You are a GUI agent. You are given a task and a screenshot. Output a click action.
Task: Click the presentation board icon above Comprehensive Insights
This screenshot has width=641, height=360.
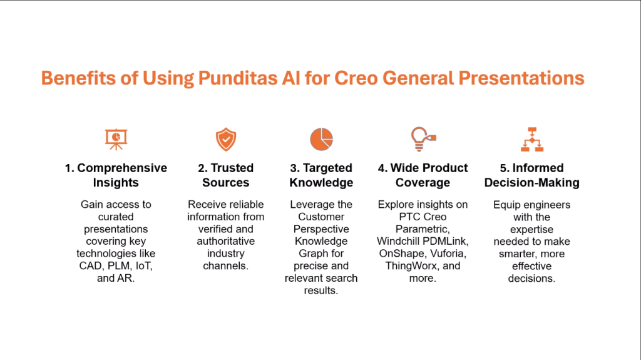116,139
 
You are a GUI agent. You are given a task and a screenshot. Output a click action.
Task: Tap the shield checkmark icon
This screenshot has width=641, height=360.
225,139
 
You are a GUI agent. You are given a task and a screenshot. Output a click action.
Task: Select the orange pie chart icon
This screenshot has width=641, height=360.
321,139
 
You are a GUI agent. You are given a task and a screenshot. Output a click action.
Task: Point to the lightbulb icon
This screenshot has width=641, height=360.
423,139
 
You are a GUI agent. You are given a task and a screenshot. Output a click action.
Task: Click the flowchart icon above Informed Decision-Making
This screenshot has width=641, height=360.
532,139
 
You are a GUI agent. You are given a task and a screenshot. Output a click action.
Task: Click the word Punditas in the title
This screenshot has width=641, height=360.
237,78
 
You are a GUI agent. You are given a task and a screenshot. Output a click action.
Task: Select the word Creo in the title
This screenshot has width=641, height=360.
356,78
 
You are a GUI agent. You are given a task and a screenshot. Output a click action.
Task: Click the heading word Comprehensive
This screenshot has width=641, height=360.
122,168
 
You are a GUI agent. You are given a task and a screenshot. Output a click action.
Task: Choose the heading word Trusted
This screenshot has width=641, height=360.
232,168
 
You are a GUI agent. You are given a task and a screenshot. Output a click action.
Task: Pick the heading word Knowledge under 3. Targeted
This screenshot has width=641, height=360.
321,182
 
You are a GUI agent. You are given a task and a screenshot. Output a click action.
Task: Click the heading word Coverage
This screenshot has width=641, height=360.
423,182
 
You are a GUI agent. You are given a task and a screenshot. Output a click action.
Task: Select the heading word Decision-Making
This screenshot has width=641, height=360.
532,182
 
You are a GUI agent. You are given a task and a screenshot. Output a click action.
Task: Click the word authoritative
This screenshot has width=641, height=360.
225,242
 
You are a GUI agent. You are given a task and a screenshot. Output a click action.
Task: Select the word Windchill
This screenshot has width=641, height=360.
396,242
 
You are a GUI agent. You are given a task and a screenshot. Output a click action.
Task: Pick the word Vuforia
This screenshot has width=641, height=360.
448,254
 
